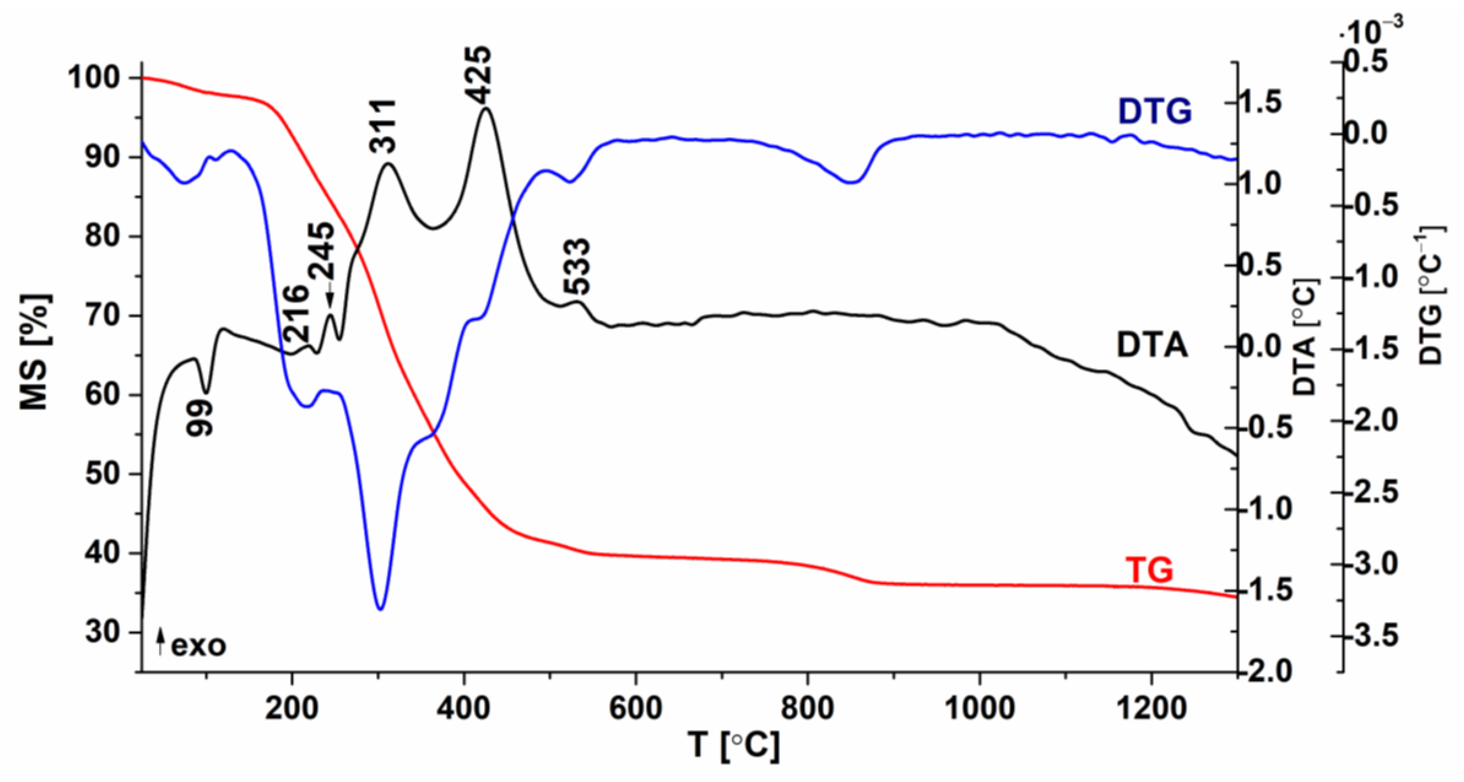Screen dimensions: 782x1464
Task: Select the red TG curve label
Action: point(1149,570)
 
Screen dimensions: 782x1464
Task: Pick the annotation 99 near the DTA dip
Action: point(200,418)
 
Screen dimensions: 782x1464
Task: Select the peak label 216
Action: point(297,314)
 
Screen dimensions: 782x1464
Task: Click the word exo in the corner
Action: point(199,646)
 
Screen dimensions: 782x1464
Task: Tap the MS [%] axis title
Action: point(35,352)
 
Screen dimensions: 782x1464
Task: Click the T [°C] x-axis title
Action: point(733,744)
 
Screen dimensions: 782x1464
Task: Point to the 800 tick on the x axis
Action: point(807,708)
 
